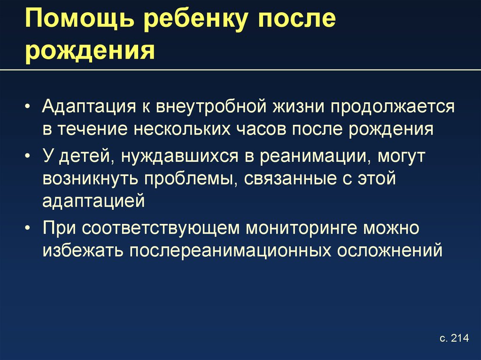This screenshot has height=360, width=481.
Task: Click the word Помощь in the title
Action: tap(80, 20)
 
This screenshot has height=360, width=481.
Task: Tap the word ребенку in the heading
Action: tap(195, 20)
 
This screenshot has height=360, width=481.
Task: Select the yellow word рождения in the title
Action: tap(90, 51)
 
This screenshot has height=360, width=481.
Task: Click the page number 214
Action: tap(460, 338)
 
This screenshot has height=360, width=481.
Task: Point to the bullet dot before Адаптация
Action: tap(28, 107)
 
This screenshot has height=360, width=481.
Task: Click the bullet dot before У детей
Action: tap(28, 156)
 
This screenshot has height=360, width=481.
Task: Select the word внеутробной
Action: tap(211, 107)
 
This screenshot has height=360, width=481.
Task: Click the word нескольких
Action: tap(182, 129)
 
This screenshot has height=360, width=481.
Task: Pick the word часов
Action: tap(261, 129)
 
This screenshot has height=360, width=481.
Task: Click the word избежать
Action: tap(83, 251)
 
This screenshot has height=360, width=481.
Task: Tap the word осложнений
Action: tap(390, 251)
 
